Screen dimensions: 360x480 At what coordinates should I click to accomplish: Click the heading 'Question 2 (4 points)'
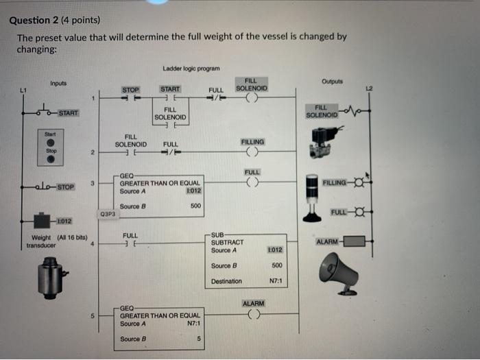click(55, 21)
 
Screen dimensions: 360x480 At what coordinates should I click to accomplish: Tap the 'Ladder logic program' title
click(191, 69)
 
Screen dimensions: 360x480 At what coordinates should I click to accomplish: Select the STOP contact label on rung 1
click(130, 90)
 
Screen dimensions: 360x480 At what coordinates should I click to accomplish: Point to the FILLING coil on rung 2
click(252, 152)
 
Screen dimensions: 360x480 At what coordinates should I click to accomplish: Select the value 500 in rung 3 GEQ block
click(195, 205)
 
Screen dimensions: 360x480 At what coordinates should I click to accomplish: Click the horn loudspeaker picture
click(338, 272)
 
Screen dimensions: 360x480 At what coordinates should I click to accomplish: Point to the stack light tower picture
click(312, 197)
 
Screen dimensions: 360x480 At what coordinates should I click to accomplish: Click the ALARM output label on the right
click(326, 241)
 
